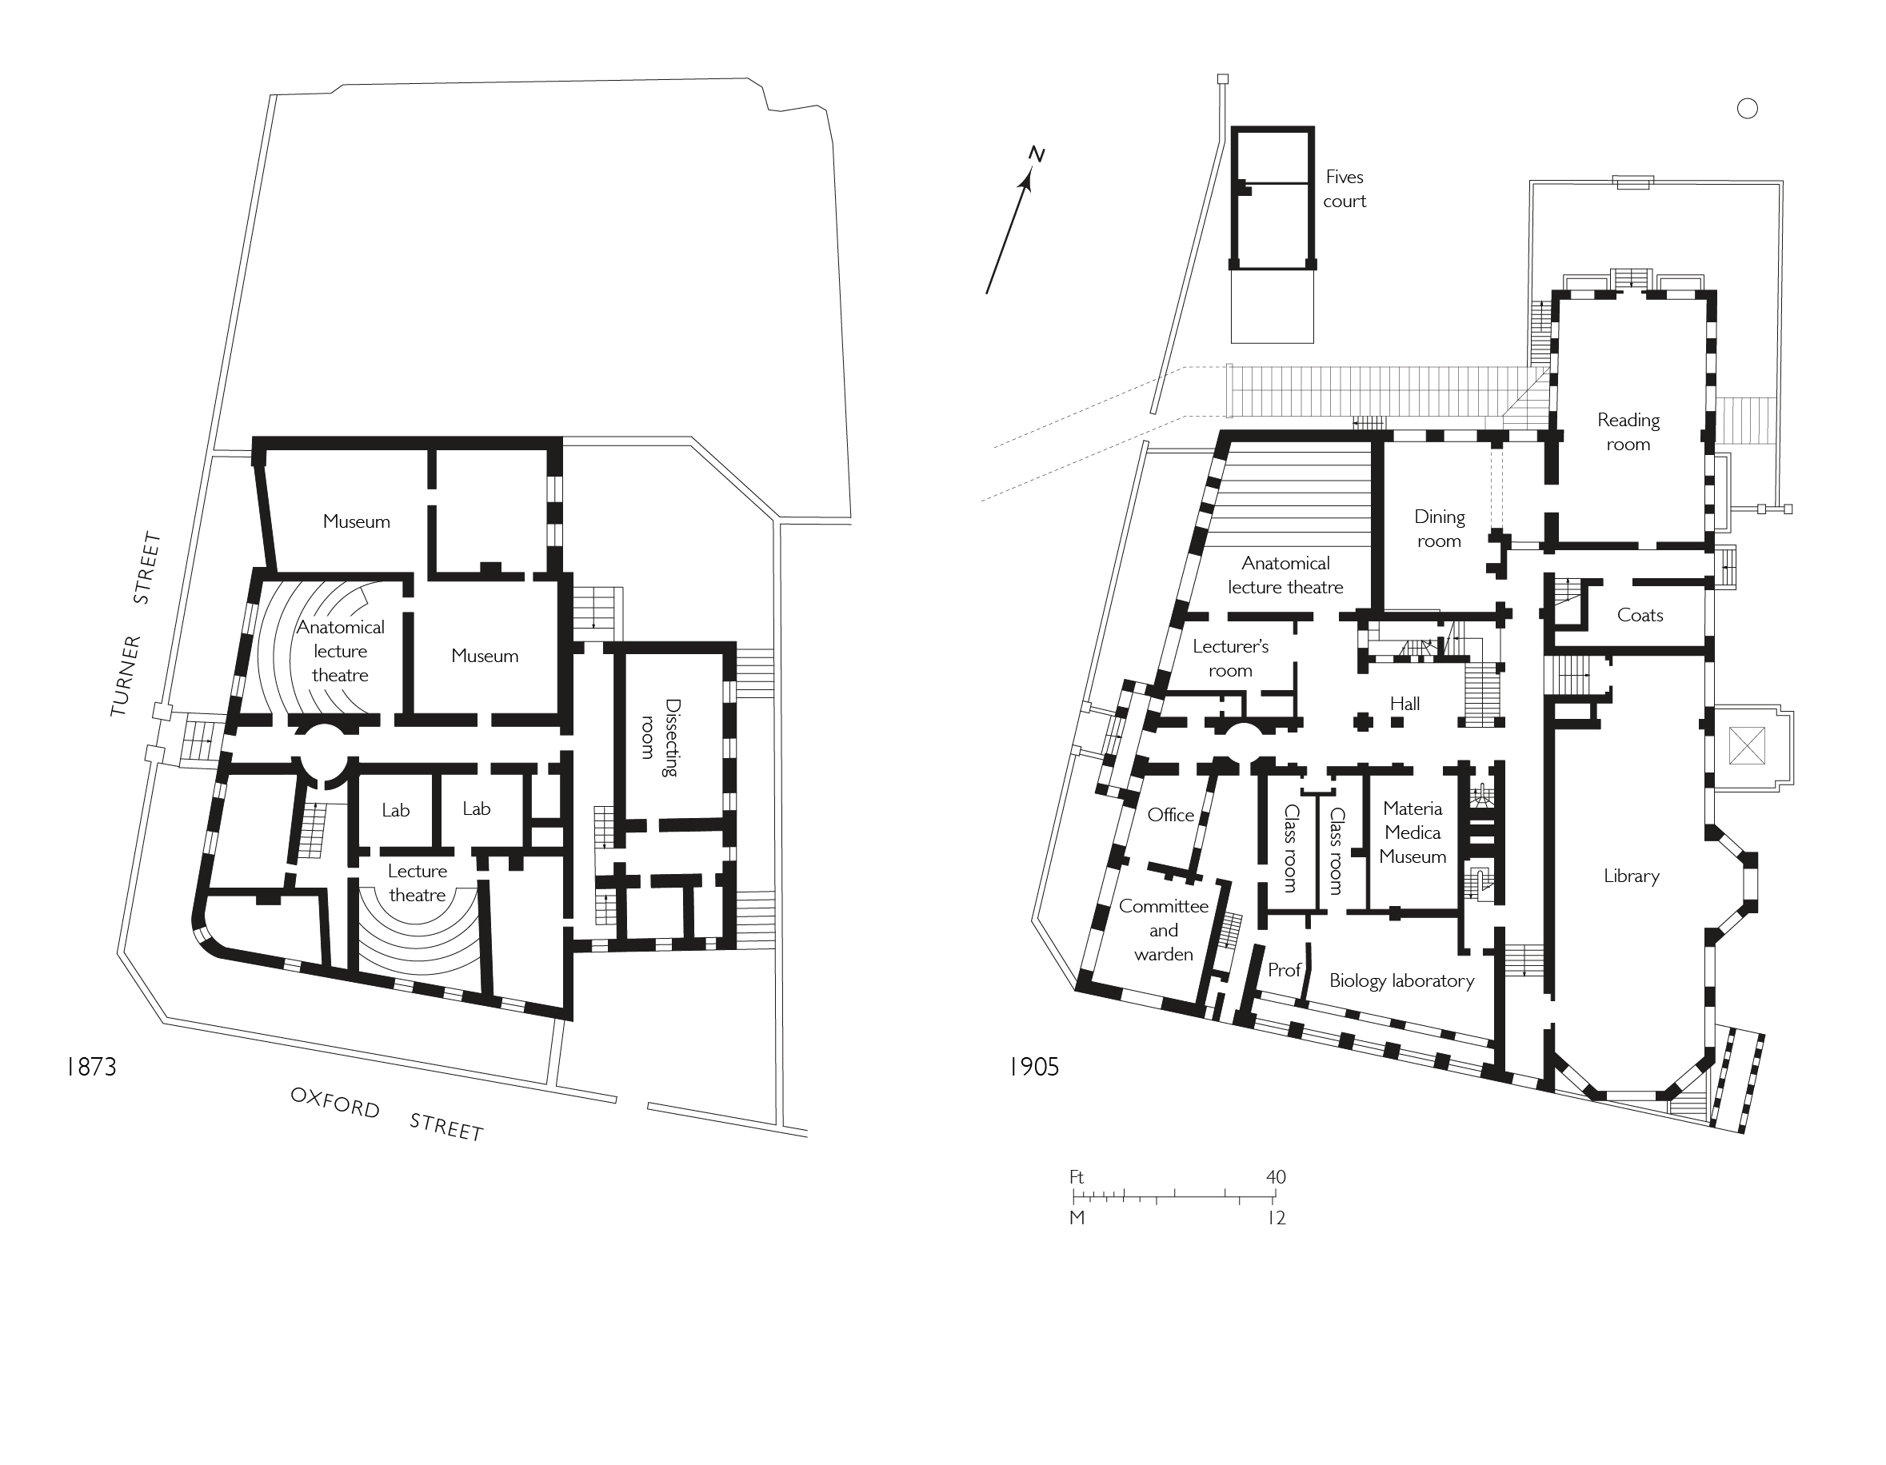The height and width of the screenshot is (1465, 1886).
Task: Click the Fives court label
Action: pyautogui.click(x=1344, y=189)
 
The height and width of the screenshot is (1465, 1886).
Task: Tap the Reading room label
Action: pyautogui.click(x=1628, y=432)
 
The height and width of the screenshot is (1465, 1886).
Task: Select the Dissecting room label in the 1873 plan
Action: pyautogui.click(x=660, y=738)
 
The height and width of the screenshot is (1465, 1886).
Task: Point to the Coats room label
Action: pyautogui.click(x=1639, y=616)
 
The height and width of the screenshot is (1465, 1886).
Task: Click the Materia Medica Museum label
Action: pyautogui.click(x=1412, y=832)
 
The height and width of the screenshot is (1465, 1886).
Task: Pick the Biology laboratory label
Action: pyautogui.click(x=1401, y=980)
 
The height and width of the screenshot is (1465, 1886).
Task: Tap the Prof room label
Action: pyautogui.click(x=1283, y=970)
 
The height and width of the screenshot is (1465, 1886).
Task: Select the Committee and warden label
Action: pyautogui.click(x=1163, y=930)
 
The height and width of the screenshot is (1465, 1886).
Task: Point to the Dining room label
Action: pyautogui.click(x=1439, y=529)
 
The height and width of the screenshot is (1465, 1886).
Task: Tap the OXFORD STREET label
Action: pyautogui.click(x=386, y=1114)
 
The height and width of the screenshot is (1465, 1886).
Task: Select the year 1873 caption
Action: pyautogui.click(x=90, y=1067)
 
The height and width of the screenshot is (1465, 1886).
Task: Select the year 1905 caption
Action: pyautogui.click(x=1033, y=1067)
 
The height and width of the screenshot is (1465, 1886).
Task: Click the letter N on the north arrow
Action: pyautogui.click(x=1037, y=154)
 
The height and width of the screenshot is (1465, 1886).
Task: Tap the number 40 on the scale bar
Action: pyautogui.click(x=1276, y=1176)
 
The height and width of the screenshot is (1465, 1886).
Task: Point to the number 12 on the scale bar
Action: pyautogui.click(x=1277, y=1218)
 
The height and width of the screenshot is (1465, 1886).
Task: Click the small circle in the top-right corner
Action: pyautogui.click(x=1747, y=109)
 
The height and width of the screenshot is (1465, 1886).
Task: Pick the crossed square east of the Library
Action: pyautogui.click(x=1747, y=745)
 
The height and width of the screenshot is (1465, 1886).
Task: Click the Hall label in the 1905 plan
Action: pyautogui.click(x=1405, y=704)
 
